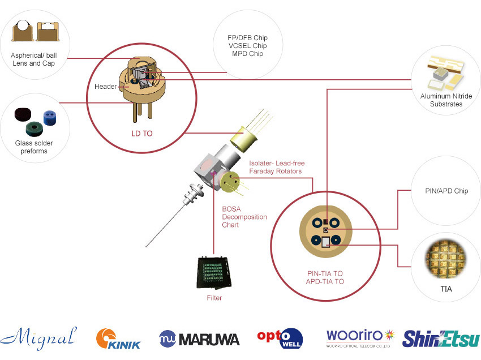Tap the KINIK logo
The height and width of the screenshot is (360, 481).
[x=118, y=338]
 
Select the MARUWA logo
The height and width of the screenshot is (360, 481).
[x=199, y=338]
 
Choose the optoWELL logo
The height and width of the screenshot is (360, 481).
[x=280, y=338]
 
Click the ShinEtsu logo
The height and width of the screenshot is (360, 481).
[x=441, y=338]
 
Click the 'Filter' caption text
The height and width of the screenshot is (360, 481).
[x=214, y=298]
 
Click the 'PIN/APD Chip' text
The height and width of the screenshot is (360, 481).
[x=446, y=191]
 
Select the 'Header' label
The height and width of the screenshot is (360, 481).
[x=106, y=87]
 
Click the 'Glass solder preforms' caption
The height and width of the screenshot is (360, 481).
[x=34, y=147]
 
